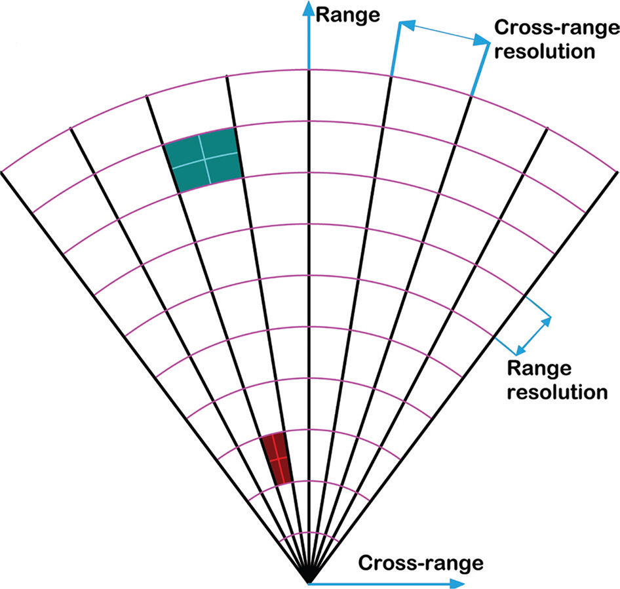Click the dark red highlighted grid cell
(x=276, y=458)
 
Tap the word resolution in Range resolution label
(x=556, y=392)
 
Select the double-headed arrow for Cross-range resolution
(x=444, y=33)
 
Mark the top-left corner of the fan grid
(x=3, y=171)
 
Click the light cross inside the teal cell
(x=204, y=158)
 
